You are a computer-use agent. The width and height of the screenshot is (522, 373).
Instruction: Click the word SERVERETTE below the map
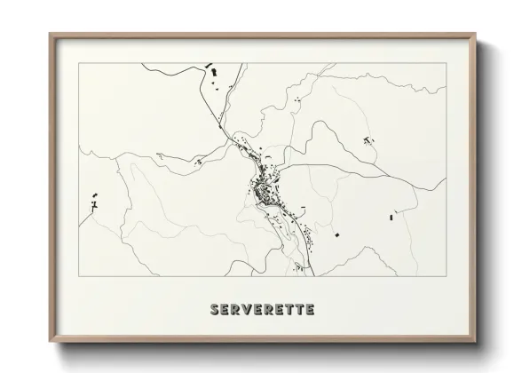261,310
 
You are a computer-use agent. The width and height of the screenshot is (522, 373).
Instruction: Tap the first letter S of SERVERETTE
214,310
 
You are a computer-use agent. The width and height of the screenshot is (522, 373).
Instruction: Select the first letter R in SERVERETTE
235,310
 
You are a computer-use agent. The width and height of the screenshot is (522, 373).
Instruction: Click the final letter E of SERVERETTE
309,310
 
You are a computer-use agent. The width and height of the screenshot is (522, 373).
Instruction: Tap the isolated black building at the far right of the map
391,214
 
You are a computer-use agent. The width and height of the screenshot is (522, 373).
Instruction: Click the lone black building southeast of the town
337,234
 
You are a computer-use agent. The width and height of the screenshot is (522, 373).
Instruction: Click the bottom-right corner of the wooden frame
477,342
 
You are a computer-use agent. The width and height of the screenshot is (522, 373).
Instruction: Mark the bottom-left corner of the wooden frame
50,342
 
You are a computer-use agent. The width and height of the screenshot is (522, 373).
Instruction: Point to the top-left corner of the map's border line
79,63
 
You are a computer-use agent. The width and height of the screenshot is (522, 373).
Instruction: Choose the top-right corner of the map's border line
446,63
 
